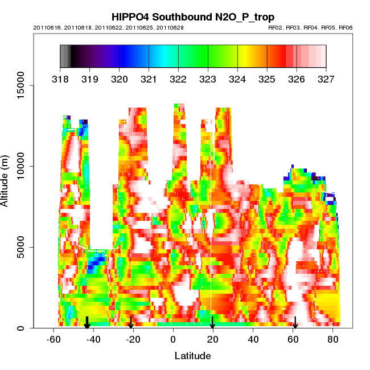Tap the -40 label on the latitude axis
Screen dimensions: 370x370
[x=93, y=339]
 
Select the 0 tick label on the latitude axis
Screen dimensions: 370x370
[x=173, y=339]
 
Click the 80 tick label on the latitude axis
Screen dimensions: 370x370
[x=333, y=339]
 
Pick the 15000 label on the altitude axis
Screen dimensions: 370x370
[x=21, y=85]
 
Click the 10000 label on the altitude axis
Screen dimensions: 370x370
[x=21, y=166]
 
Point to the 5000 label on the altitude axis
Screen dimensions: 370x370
[x=21, y=247]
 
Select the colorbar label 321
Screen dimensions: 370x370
[x=149, y=79]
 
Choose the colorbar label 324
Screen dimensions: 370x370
[x=237, y=79]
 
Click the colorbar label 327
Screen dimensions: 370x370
[x=326, y=79]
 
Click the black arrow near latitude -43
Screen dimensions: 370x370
[x=87, y=323]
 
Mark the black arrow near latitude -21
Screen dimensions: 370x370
[x=131, y=323]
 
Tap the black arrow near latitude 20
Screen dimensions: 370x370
[x=212, y=323]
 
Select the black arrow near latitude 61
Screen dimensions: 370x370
[x=295, y=323]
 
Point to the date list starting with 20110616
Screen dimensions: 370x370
[x=109, y=27]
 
